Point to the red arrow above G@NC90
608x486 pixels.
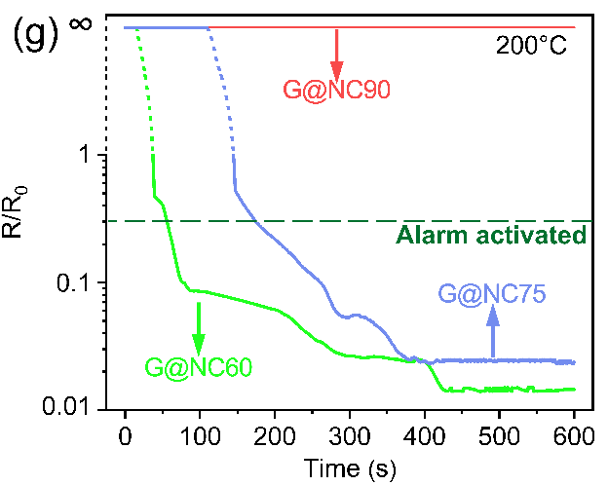(x=336, y=55)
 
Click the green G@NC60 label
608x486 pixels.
(x=198, y=367)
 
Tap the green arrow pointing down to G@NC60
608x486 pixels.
(x=199, y=328)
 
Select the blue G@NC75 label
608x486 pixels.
(x=492, y=290)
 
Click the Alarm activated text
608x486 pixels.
(x=492, y=235)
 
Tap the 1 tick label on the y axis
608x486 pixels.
(x=84, y=156)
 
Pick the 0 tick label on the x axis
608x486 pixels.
(x=125, y=434)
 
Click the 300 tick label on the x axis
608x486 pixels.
(x=349, y=434)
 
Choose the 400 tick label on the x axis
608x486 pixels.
(x=424, y=434)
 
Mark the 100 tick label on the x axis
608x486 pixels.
(x=200, y=434)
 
